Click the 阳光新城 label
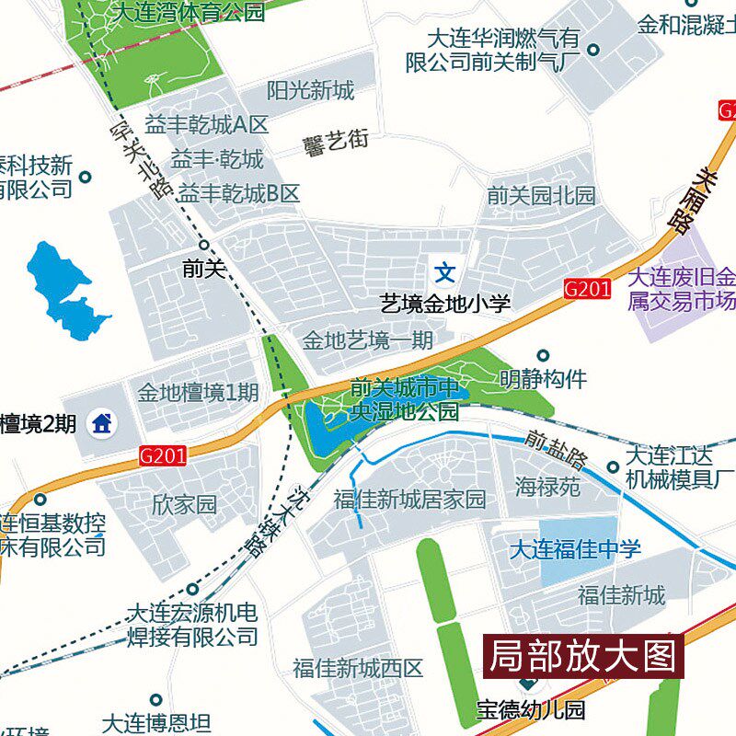310,91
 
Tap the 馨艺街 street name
336,142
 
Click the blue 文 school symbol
445,272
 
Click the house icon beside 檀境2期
102,424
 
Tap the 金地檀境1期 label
198,394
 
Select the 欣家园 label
184,504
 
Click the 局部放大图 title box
583,657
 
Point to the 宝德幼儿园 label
531,710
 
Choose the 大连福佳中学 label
576,550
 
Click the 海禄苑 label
547,487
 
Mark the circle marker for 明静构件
543,355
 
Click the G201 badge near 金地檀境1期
164,454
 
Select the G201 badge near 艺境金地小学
587,289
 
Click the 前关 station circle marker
204,245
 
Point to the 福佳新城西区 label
358,668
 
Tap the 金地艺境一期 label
367,340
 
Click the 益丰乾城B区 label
239,194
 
